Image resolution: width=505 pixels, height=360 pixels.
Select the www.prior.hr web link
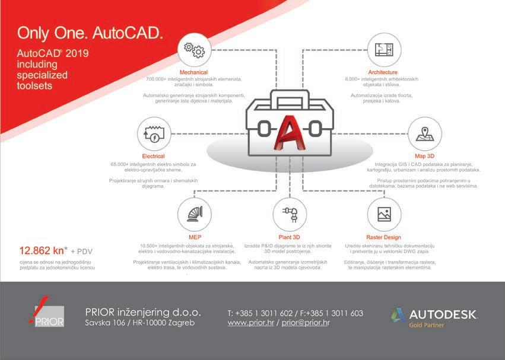tap(251, 323)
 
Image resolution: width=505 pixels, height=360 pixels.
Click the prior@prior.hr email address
tap(306, 323)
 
